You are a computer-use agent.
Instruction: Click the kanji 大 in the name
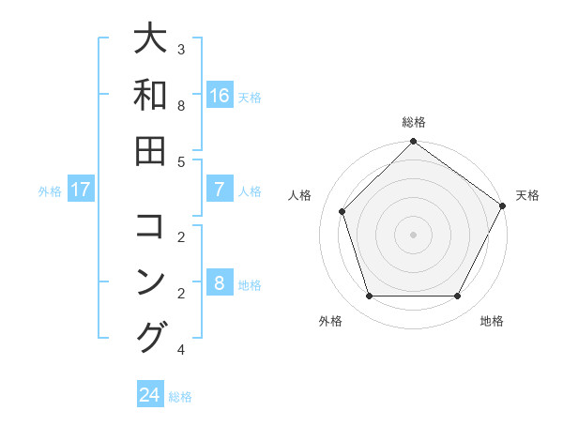click(x=150, y=39)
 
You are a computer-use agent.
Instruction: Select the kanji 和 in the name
click(x=150, y=95)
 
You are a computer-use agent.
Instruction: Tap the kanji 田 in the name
click(x=150, y=150)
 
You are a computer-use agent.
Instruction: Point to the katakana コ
click(x=150, y=226)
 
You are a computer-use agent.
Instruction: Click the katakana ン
click(x=150, y=281)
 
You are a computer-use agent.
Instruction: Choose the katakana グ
click(x=151, y=337)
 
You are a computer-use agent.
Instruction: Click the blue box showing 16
click(x=220, y=96)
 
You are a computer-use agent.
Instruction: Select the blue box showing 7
click(x=220, y=190)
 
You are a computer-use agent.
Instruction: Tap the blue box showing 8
click(x=220, y=283)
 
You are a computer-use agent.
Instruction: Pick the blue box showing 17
click(x=80, y=190)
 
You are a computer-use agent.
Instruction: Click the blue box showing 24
click(x=149, y=395)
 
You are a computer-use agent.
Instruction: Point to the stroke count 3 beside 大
click(x=181, y=49)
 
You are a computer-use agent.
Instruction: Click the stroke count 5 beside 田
click(x=181, y=161)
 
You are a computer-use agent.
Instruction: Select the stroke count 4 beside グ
click(x=181, y=350)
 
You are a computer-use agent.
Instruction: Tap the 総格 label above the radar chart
click(x=413, y=122)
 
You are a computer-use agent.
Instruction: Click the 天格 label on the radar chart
click(x=527, y=195)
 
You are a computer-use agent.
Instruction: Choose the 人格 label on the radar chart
click(x=299, y=195)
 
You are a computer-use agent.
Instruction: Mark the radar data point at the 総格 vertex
click(x=413, y=143)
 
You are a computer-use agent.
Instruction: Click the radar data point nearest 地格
click(x=458, y=297)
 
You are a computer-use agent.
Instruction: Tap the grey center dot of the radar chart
click(x=413, y=235)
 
